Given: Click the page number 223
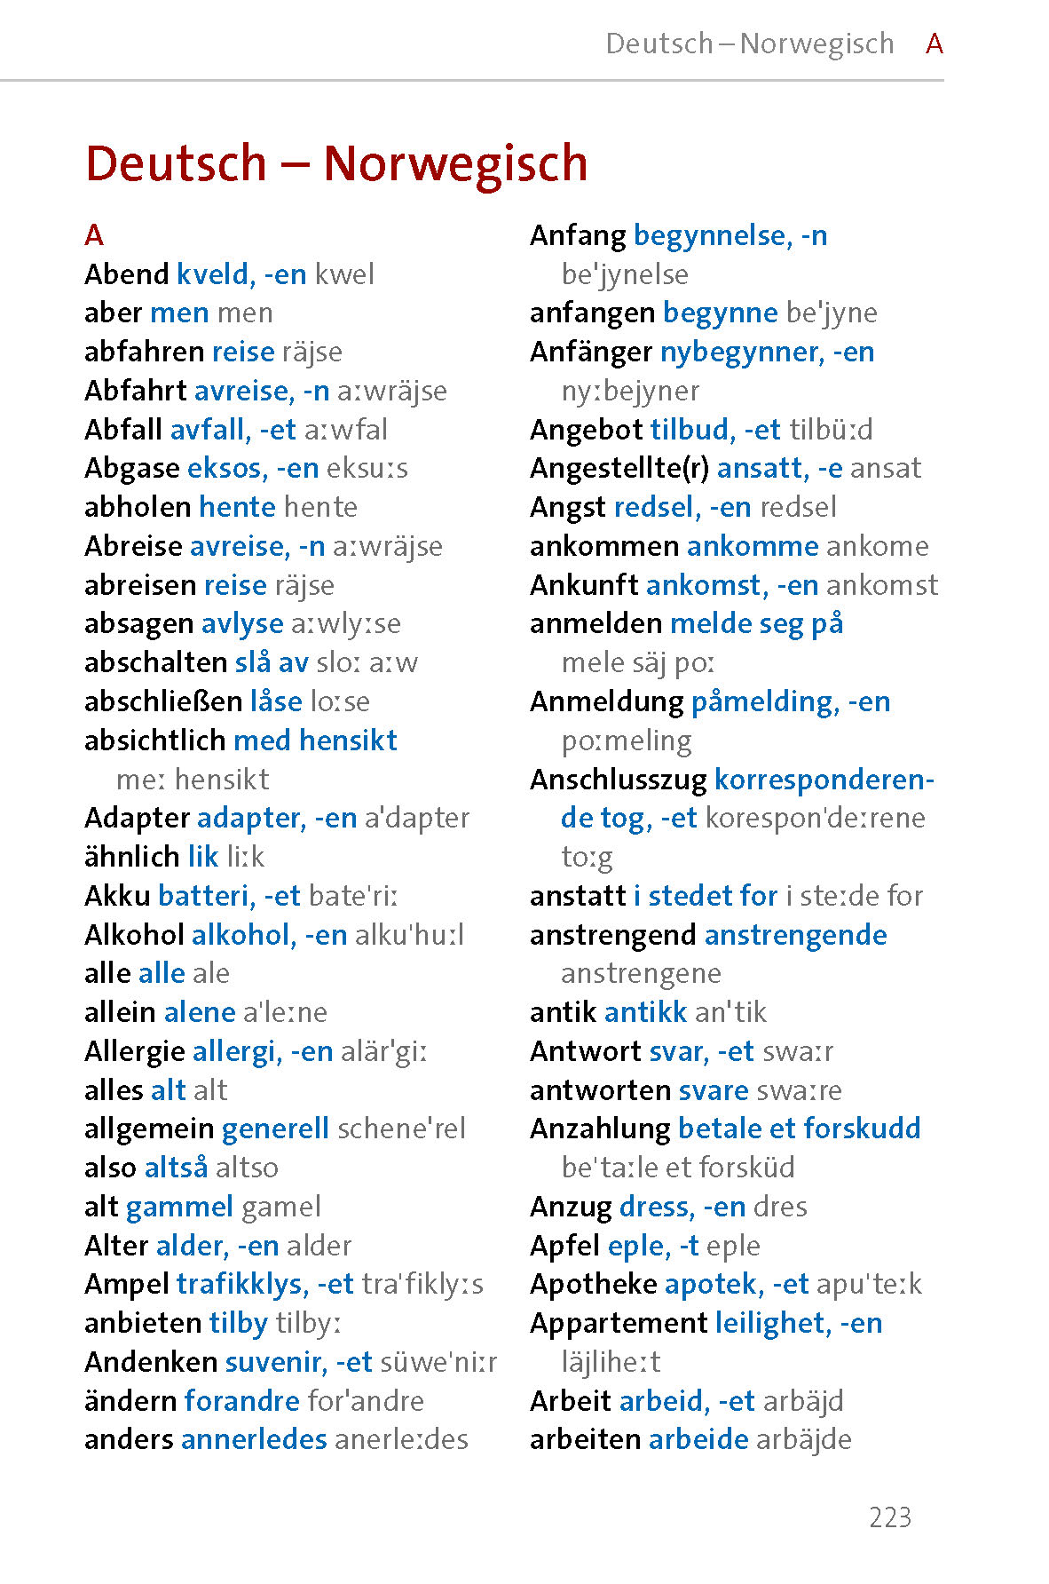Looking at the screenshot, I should click(x=890, y=1517).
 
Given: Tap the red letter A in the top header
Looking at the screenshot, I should click(x=934, y=44).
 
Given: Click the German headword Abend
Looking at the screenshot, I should click(x=126, y=274).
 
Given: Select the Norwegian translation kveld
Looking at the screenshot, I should click(x=213, y=274).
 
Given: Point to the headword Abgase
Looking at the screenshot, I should click(x=132, y=468).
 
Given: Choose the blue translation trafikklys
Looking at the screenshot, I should click(x=241, y=1284).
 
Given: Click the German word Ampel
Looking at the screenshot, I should click(x=126, y=1284).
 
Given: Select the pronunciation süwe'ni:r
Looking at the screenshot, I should click(x=438, y=1362).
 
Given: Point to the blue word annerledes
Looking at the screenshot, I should click(x=254, y=1439).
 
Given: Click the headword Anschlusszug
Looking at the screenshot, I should click(x=630, y=780).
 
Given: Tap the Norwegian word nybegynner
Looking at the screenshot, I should click(x=742, y=352).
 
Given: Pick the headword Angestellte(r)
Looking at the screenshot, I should click(x=619, y=468).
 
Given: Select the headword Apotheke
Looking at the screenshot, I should click(x=593, y=1284).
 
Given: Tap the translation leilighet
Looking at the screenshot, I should click(x=772, y=1323).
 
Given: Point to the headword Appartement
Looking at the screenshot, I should click(x=618, y=1323).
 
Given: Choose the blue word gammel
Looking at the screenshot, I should click(x=179, y=1207).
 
